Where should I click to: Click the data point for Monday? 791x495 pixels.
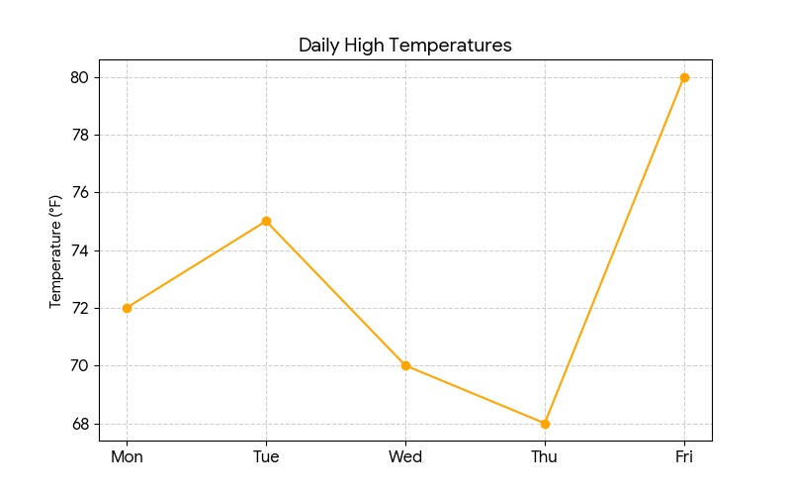click(127, 308)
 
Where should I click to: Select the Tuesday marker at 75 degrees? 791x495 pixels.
click(266, 221)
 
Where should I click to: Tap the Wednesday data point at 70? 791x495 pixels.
click(405, 365)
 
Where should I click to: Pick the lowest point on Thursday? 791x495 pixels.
click(545, 424)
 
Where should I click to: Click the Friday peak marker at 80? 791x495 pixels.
click(684, 77)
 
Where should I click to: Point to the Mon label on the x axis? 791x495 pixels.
click(127, 456)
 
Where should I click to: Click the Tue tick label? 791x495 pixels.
click(266, 456)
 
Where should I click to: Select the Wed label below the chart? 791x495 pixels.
click(405, 456)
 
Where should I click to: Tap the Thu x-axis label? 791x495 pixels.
click(545, 456)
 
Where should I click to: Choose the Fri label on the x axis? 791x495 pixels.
click(684, 456)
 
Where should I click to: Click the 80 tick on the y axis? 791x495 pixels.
click(80, 77)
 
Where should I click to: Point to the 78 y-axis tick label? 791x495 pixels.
click(80, 135)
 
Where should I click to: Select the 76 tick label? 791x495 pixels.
click(80, 193)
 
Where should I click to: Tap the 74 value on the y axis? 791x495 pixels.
click(80, 250)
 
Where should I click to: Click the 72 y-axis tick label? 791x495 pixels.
click(80, 308)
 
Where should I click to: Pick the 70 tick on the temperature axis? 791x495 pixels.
click(80, 366)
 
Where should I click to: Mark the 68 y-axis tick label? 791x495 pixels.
click(80, 424)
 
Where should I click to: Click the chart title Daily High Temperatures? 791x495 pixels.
click(405, 46)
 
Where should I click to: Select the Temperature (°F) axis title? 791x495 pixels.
click(55, 250)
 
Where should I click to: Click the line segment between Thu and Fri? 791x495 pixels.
click(614, 250)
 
